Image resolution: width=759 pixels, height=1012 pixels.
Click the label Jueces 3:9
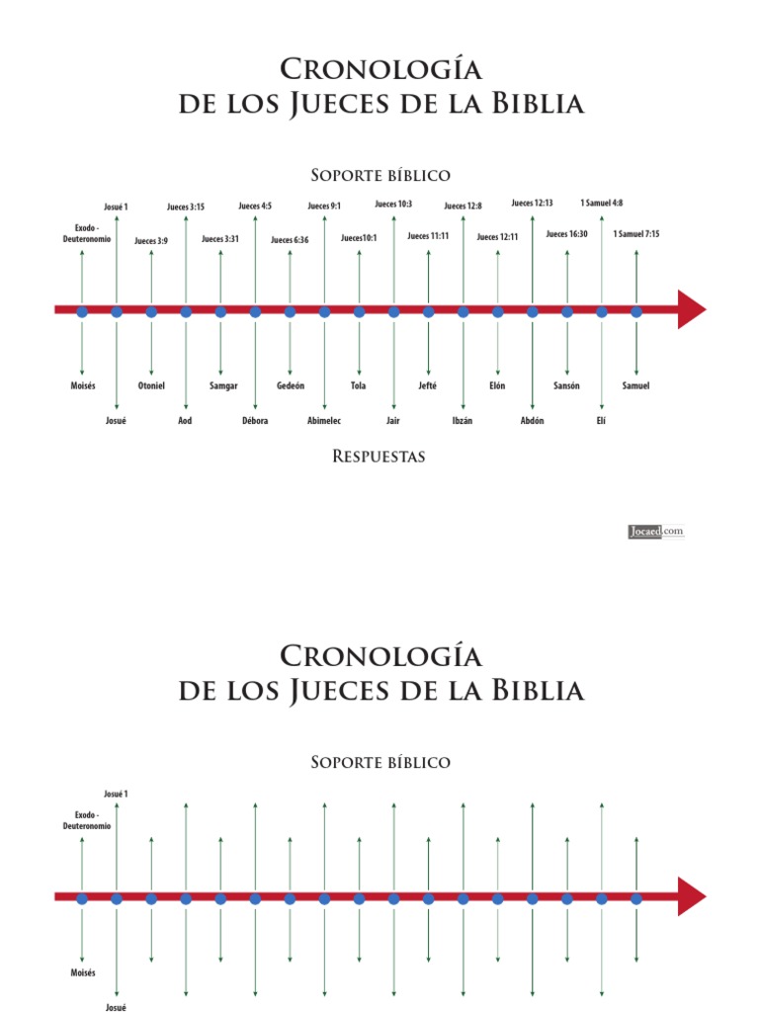pos(151,240)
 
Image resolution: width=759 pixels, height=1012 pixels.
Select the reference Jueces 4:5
pos(255,207)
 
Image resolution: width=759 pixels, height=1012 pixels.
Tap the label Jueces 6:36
pos(290,240)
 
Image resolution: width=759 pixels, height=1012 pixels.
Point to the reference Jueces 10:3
pos(393,204)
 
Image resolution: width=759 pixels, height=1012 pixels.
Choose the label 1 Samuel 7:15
pos(636,234)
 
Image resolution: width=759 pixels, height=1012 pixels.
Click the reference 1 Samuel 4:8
pos(602,203)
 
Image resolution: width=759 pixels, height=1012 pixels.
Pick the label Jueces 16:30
pos(567,234)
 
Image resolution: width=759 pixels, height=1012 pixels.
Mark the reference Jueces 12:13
pos(532,203)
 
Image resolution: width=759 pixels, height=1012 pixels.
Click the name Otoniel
pos(151,385)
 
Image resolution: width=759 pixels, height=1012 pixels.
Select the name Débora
pos(255,420)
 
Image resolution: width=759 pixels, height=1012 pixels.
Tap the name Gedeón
pos(291,385)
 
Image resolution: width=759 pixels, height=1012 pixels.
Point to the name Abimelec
pos(324,420)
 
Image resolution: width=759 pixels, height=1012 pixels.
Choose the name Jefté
pos(429,385)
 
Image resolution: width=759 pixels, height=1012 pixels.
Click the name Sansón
pos(567,385)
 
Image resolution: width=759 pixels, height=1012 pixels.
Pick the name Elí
pos(601,420)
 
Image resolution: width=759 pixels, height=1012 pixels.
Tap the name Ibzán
pos(464,420)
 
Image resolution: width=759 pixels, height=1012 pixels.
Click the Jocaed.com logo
pos(656,532)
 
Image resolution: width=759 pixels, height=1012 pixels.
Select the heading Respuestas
pos(379,458)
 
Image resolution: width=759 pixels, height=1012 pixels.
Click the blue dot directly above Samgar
pos(220,311)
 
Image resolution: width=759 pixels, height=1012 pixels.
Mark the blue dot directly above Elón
pos(498,311)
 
